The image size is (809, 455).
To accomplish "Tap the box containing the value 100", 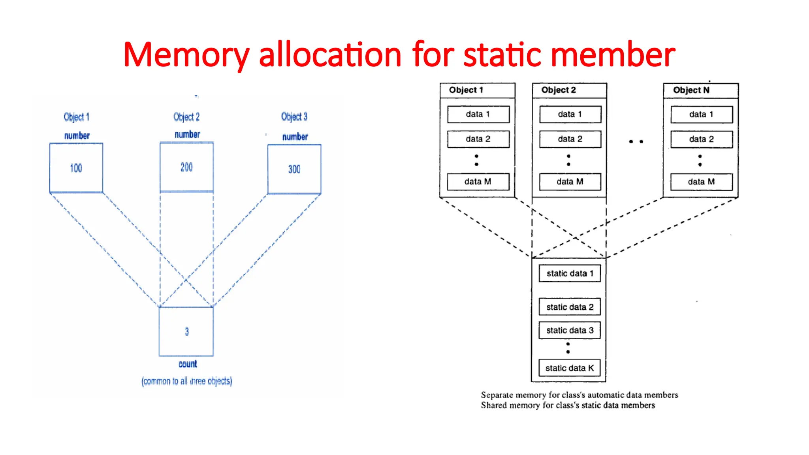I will pyautogui.click(x=76, y=168).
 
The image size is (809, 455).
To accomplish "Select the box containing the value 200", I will pyautogui.click(x=187, y=167).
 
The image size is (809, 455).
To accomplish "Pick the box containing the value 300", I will pyautogui.click(x=294, y=169).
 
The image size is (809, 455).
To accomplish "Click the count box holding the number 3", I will pyautogui.click(x=186, y=332).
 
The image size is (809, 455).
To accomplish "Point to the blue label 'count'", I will pyautogui.click(x=188, y=364).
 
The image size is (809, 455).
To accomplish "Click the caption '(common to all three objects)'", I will pyautogui.click(x=187, y=381).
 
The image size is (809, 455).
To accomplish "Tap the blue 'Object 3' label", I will pyautogui.click(x=294, y=117).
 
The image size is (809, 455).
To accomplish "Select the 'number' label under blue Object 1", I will pyautogui.click(x=77, y=136).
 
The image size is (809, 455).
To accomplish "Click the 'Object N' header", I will pyautogui.click(x=691, y=90).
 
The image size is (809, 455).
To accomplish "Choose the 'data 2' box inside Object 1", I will pyautogui.click(x=478, y=139).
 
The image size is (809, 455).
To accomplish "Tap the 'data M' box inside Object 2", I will pyautogui.click(x=570, y=182).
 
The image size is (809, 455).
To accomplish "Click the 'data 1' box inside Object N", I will pyautogui.click(x=701, y=115).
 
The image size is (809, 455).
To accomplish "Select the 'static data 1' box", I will pyautogui.click(x=570, y=273).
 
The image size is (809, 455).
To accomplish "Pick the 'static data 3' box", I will pyautogui.click(x=570, y=330).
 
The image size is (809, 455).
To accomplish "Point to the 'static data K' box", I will pyautogui.click(x=570, y=368).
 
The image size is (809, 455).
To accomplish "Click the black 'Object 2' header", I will pyautogui.click(x=559, y=90).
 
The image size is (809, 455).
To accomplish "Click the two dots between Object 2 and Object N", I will pyautogui.click(x=636, y=141).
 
